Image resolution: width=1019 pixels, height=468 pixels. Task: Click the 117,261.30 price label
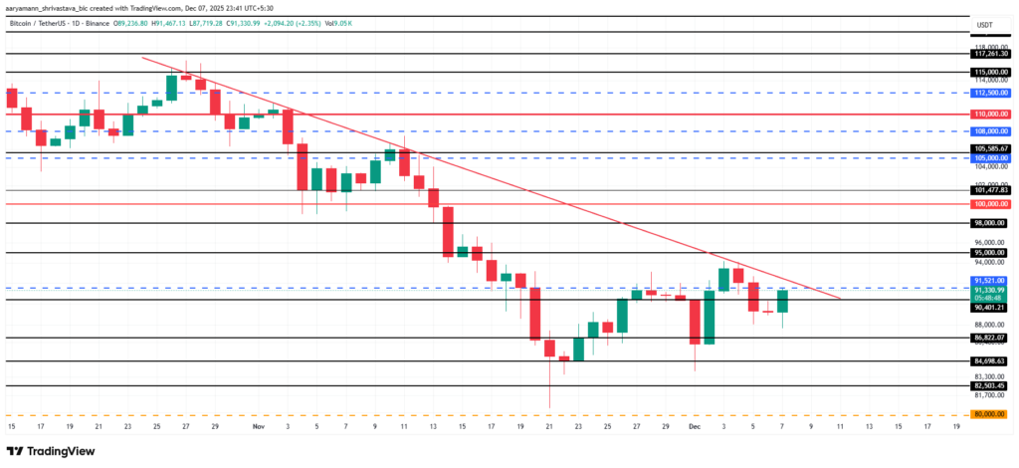click(x=990, y=54)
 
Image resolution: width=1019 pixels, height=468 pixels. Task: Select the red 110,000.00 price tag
click(x=990, y=114)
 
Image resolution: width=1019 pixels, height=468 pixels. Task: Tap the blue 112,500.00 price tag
click(x=990, y=93)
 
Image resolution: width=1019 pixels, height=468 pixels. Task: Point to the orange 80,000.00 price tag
click(x=990, y=414)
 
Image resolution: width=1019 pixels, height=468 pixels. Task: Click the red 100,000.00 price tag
click(x=990, y=204)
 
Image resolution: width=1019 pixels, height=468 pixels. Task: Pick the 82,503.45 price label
click(x=990, y=385)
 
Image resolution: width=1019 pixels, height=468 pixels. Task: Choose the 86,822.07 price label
click(x=990, y=339)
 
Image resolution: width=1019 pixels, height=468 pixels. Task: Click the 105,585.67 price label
click(x=990, y=149)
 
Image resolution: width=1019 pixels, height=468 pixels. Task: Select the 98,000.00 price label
click(x=990, y=223)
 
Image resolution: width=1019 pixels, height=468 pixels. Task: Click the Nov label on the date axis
click(x=258, y=426)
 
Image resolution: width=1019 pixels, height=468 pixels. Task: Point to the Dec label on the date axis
click(x=695, y=426)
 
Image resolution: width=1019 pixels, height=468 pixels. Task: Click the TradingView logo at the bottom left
click(x=49, y=449)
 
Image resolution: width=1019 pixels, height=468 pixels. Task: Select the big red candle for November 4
click(x=303, y=166)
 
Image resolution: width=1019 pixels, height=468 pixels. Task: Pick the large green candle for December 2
click(x=710, y=317)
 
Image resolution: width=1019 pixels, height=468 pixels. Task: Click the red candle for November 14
click(x=448, y=231)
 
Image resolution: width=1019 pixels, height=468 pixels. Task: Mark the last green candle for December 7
click(x=783, y=301)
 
